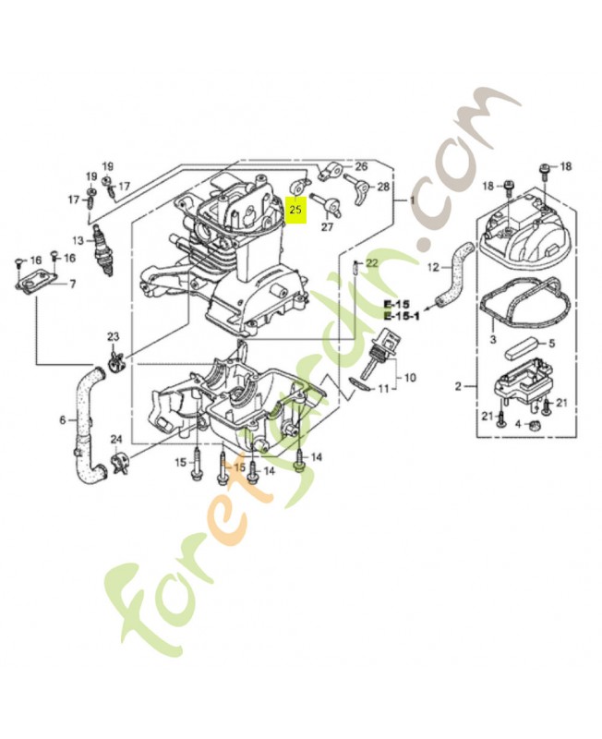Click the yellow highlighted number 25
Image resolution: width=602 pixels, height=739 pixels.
point(296,210)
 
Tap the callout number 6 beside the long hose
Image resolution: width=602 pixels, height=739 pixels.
point(63,420)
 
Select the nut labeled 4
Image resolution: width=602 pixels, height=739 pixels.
point(535,423)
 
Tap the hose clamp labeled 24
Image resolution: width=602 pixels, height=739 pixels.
point(117,460)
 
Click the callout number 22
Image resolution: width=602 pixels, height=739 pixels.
point(371,263)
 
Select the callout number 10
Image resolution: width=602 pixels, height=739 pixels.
point(410,377)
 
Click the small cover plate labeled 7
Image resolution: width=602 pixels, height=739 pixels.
point(38,281)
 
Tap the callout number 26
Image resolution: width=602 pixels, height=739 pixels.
point(360,167)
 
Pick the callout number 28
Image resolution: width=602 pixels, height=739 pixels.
point(383,188)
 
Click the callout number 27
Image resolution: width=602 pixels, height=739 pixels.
point(327,226)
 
